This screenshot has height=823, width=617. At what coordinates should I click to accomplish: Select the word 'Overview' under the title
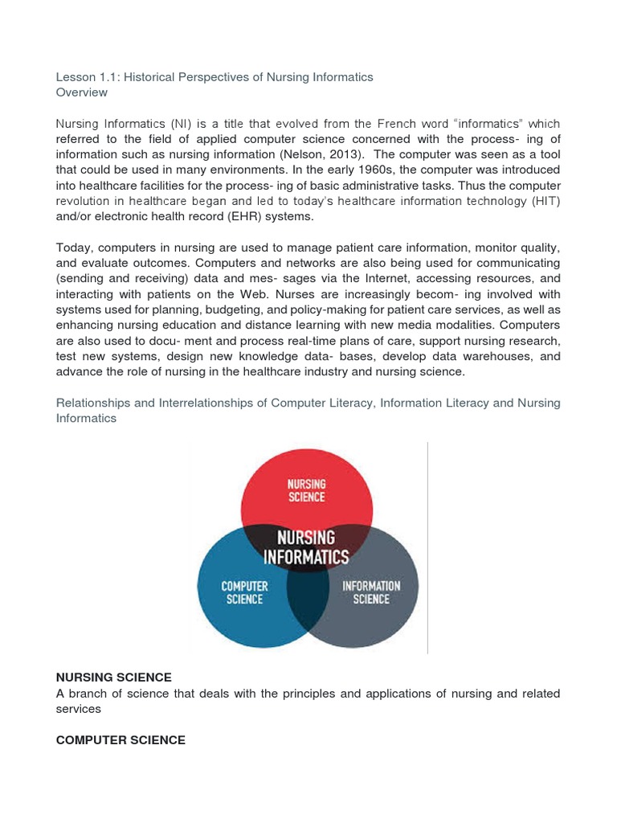(x=82, y=92)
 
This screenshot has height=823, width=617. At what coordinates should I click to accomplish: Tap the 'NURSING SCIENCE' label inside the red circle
(x=306, y=491)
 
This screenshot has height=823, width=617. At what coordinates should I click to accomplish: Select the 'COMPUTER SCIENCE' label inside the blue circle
(x=245, y=593)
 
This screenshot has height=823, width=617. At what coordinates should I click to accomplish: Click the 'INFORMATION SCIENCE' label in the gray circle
(x=370, y=592)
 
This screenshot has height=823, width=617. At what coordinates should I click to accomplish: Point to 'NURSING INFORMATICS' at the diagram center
(x=307, y=547)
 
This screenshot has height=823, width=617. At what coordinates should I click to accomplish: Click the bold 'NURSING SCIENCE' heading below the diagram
(x=114, y=678)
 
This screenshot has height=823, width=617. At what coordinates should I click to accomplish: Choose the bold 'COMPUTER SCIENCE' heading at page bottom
(x=121, y=740)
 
